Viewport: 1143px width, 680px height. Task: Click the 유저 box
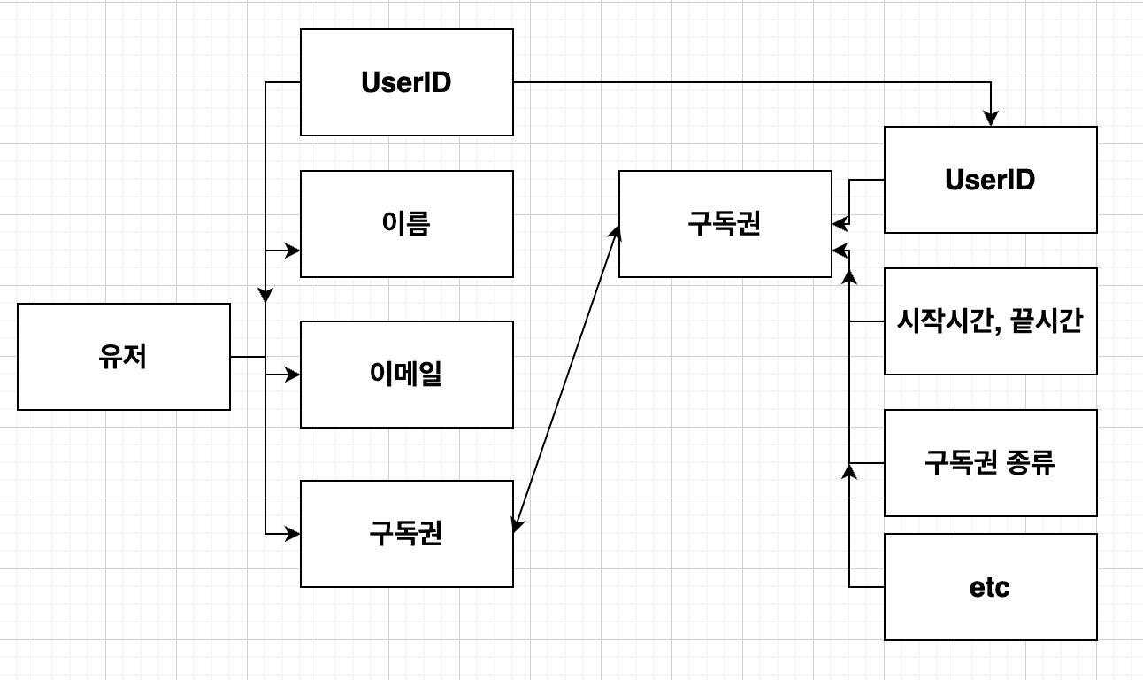124,357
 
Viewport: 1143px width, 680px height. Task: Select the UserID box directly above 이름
407,82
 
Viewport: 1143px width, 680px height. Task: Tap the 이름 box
407,224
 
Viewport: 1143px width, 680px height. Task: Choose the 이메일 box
407,375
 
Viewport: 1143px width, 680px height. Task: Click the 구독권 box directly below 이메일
407,534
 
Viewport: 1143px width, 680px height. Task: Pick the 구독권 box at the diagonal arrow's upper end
725,224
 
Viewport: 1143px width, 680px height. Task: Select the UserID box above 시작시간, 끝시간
991,180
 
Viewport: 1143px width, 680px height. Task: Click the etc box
991,587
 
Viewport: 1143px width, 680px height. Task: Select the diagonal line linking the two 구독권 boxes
566,379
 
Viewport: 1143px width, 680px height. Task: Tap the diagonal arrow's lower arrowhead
518,526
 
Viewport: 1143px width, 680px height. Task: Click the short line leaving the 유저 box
248,357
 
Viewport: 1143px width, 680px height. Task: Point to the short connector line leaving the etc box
867,587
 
